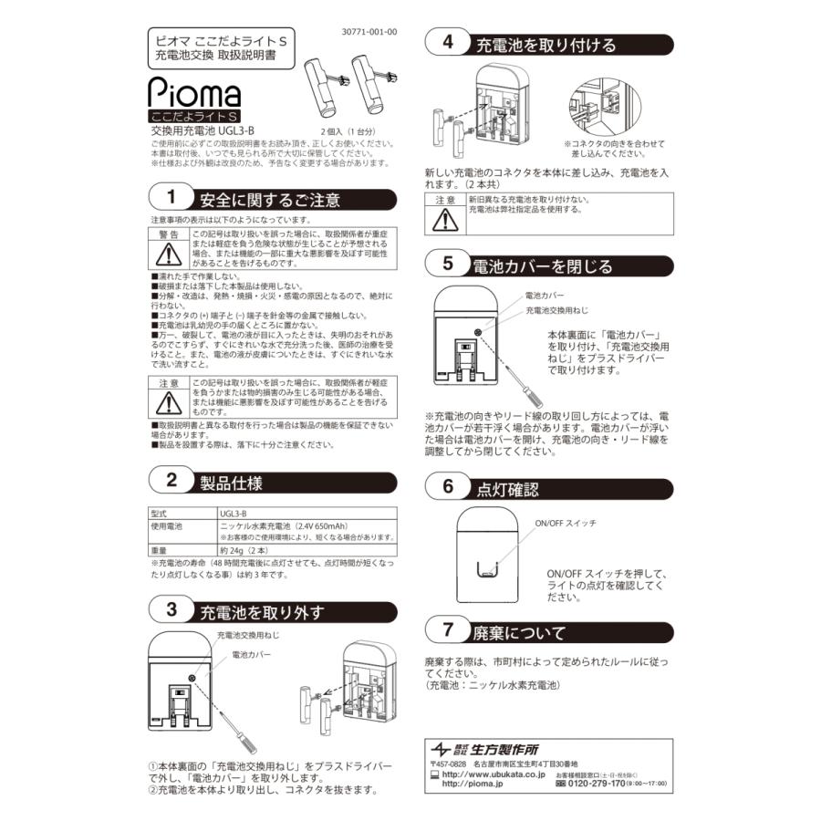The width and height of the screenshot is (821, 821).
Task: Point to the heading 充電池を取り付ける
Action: click(x=546, y=45)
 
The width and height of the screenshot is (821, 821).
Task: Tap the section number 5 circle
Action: click(x=447, y=265)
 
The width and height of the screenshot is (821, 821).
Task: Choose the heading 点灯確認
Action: click(x=509, y=487)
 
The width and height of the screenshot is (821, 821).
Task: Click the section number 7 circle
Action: click(x=447, y=630)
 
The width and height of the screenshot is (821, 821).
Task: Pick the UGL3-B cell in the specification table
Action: click(x=234, y=514)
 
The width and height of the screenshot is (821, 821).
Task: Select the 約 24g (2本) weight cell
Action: click(x=242, y=550)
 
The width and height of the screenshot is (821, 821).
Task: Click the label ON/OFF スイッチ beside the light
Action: click(x=566, y=524)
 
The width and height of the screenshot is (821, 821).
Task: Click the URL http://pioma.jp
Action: click(x=474, y=783)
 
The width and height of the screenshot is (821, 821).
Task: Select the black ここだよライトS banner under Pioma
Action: click(x=195, y=116)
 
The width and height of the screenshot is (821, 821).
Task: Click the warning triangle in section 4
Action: click(x=445, y=220)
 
